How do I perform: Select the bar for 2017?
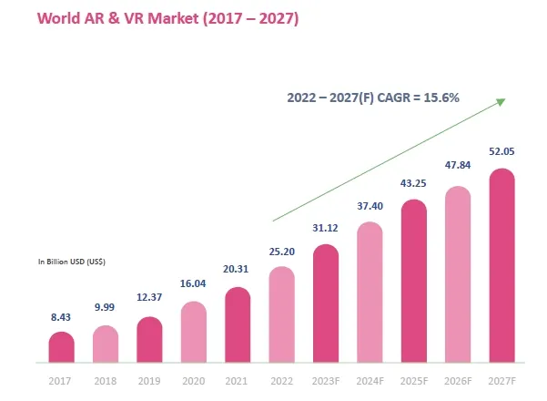click(61, 347)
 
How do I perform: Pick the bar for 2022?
click(281, 314)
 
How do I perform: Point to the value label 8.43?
click(61, 317)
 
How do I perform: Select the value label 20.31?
click(238, 270)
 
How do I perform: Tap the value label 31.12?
click(326, 228)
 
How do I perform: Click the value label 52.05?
click(502, 151)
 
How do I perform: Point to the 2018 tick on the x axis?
click(105, 380)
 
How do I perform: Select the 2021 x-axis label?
click(238, 380)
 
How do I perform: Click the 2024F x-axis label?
click(370, 380)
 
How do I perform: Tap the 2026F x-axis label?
click(458, 380)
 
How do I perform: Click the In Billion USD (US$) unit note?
click(71, 262)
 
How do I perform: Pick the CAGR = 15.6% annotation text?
click(373, 98)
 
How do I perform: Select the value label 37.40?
click(370, 206)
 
